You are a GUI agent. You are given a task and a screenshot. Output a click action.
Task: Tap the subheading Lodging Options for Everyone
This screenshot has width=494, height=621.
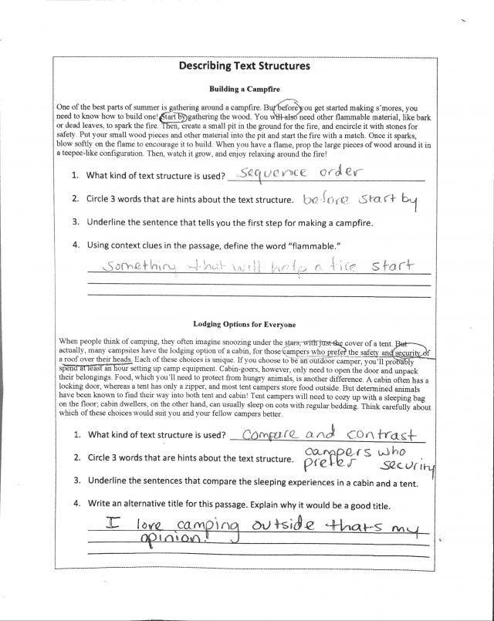(x=246, y=325)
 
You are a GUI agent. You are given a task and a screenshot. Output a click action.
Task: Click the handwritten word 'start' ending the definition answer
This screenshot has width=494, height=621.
(x=393, y=266)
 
